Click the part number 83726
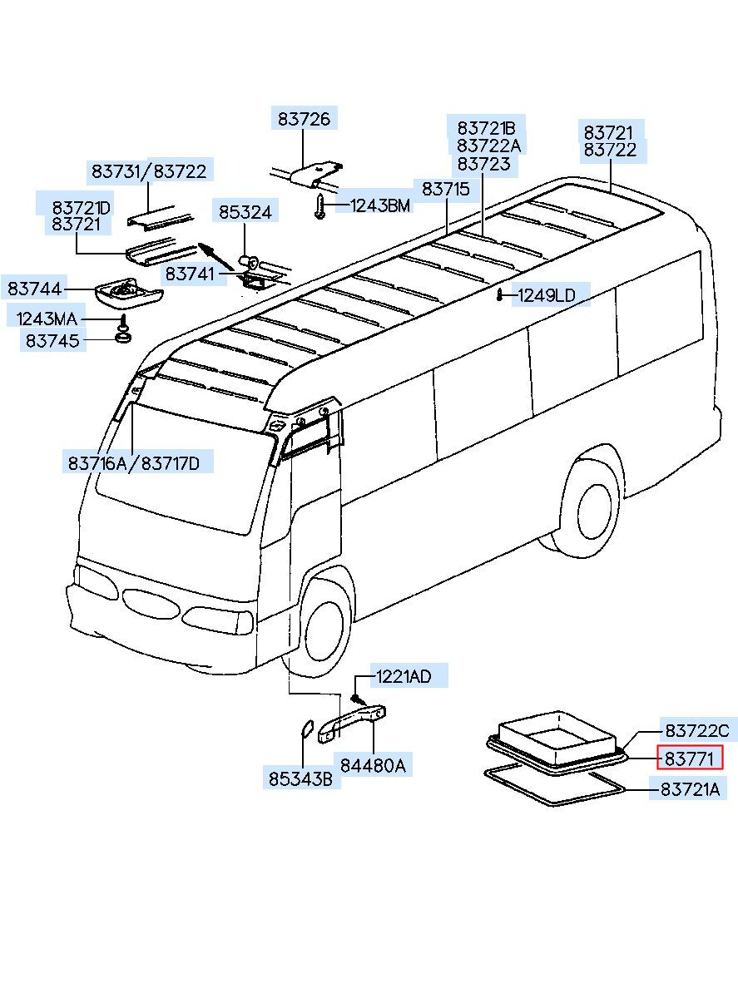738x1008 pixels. (x=304, y=120)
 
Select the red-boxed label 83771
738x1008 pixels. (x=690, y=758)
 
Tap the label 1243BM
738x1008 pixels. (x=379, y=205)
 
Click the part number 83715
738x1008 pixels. (x=445, y=189)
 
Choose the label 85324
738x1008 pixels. (x=245, y=213)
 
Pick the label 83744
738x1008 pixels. (x=35, y=289)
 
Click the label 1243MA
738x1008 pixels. (x=47, y=318)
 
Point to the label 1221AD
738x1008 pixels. (x=404, y=676)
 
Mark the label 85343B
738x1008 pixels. (x=300, y=779)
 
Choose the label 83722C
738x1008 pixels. (x=696, y=730)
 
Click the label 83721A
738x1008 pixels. (x=690, y=789)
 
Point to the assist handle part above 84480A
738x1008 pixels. (x=354, y=721)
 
